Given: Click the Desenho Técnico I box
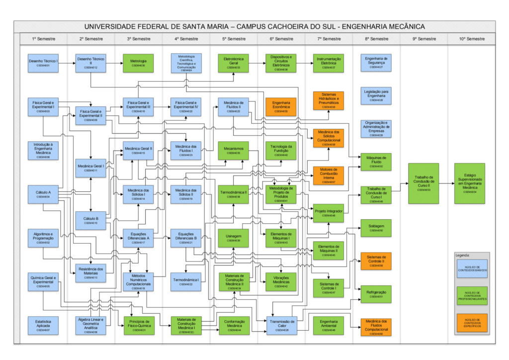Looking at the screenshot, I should (43, 63).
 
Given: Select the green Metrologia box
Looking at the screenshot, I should (138, 63).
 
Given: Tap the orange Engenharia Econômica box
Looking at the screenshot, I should (281, 107).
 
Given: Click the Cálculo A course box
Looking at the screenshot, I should (43, 194).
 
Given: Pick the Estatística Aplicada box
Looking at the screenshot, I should (43, 324).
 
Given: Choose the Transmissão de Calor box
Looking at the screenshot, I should (281, 324).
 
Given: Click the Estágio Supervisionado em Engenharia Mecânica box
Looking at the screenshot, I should (469, 182).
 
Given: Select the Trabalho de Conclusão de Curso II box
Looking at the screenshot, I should (424, 182).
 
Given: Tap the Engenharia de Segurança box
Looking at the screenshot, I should (376, 63).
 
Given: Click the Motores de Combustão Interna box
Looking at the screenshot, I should (328, 176).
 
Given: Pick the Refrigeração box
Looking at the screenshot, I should (376, 294).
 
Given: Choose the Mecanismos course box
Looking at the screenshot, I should (233, 150).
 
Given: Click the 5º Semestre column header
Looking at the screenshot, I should (233, 39).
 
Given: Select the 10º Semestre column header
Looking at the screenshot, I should (471, 39).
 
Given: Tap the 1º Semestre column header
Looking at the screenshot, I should (43, 39).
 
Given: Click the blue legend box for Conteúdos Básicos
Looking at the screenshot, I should (472, 269).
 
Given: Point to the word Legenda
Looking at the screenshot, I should (462, 255).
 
